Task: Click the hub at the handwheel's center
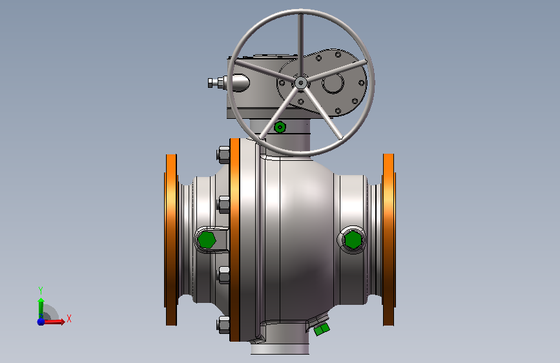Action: click(x=301, y=83)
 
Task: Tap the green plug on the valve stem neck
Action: click(x=280, y=127)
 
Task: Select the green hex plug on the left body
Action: click(x=207, y=240)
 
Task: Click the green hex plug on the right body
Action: click(x=353, y=240)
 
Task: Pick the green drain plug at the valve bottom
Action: click(x=322, y=329)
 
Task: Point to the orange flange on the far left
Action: click(x=171, y=240)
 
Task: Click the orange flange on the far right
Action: click(x=389, y=240)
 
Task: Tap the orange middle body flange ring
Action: click(x=234, y=240)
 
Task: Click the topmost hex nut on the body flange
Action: click(x=223, y=155)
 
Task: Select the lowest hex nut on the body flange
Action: click(x=223, y=325)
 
